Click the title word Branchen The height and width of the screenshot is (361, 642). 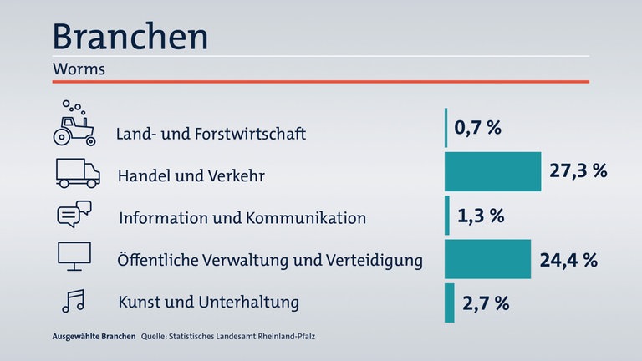pos(130,36)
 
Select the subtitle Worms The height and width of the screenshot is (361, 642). pos(78,69)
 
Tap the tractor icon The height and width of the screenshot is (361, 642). pos(73,124)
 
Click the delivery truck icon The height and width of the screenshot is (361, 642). pos(77,173)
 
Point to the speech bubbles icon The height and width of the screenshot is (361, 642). pos(74,215)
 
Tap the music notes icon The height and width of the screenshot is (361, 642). pos(73,300)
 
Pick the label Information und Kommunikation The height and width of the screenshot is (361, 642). pos(242,219)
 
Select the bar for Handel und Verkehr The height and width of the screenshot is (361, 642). pos(492,172)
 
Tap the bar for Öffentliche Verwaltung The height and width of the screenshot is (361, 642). pos(487,258)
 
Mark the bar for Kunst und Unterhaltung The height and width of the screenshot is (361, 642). pos(450,303)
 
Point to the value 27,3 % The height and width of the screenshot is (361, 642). pos(578,171)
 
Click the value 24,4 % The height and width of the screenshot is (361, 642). pos(568,260)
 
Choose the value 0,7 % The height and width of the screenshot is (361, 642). pos(477,129)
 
